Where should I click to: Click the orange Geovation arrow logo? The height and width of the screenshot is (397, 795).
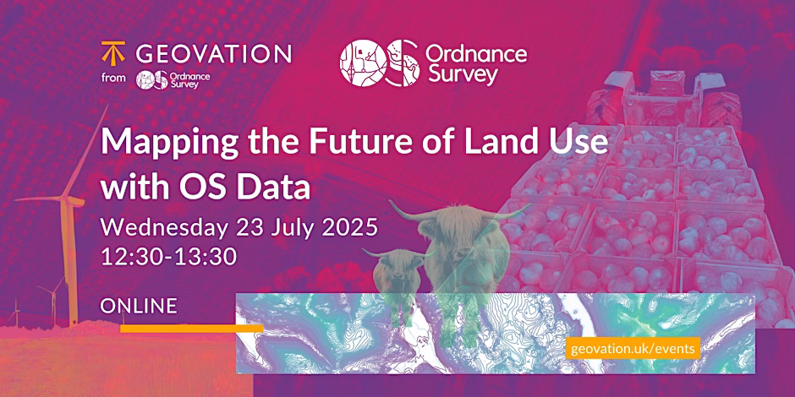point(113,52)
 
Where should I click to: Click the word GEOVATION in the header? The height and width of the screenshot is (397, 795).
point(213,53)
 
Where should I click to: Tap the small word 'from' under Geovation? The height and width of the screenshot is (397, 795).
point(113,79)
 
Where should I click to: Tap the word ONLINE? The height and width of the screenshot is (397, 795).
point(139,305)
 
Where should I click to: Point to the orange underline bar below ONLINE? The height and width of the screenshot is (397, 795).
point(192,329)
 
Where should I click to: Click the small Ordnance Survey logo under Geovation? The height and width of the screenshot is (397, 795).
point(173,79)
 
